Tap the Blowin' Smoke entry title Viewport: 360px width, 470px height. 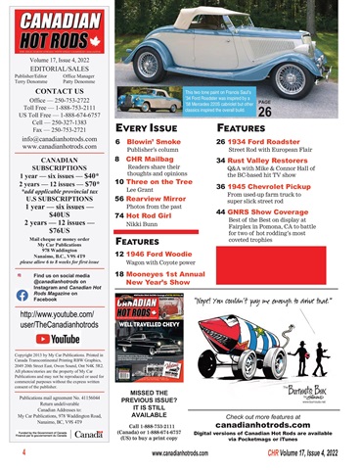(x=155, y=141)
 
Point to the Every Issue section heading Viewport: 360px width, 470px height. (x=147, y=126)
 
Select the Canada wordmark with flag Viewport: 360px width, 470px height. (x=87, y=434)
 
